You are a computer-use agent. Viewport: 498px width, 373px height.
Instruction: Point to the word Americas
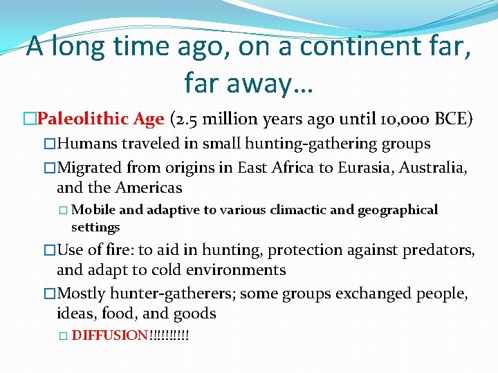[x=149, y=187]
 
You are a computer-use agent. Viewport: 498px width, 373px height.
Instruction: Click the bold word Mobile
[x=93, y=210]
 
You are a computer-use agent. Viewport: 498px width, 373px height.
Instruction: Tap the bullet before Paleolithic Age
[x=30, y=119]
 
